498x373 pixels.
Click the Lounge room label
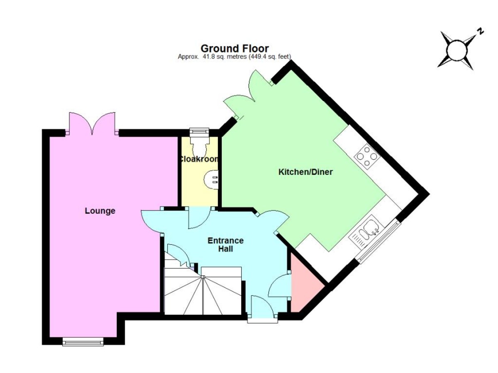[x=100, y=211]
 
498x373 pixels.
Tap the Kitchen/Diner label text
[x=305, y=172]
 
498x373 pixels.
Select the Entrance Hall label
[x=225, y=245]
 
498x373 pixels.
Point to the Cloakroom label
[x=199, y=159]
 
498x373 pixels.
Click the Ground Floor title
[x=234, y=48]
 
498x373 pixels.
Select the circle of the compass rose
[x=457, y=50]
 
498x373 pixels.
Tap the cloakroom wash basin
[x=211, y=180]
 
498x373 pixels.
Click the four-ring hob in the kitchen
[x=367, y=156]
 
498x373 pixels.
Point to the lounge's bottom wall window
[x=83, y=342]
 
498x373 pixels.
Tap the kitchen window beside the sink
[x=378, y=241]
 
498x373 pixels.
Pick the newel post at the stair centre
[x=203, y=277]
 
